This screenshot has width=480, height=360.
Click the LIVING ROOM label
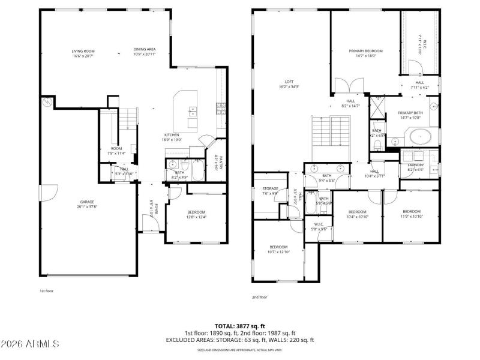84,53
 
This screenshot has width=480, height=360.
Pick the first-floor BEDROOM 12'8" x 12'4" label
196,214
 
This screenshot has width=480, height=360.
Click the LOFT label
289,85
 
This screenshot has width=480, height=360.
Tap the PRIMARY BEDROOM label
365,53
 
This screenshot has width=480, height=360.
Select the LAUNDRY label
416,167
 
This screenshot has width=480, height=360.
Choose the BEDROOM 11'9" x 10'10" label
411,214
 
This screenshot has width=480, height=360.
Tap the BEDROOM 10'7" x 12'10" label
278,249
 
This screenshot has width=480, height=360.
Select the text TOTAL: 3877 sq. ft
239,326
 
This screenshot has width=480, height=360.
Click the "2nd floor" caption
260,297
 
